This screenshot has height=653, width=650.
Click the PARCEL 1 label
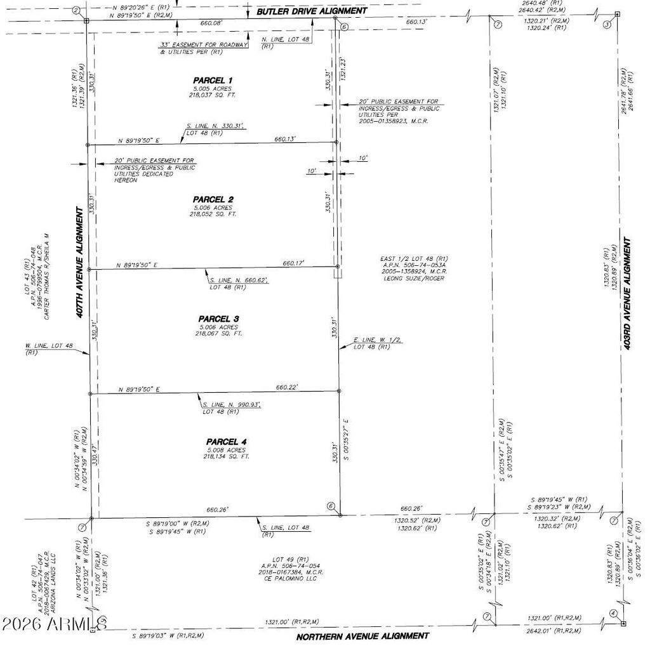(213, 81)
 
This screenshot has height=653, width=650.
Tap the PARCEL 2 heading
(213, 199)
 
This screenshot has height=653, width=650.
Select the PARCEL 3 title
(218, 319)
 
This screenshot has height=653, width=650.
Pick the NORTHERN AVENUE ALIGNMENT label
(363, 635)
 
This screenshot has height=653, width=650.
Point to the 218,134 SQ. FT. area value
(227, 456)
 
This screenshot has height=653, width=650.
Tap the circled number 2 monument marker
(76, 11)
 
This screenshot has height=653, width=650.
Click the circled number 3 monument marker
(606, 25)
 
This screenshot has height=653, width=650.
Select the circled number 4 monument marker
(613, 613)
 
